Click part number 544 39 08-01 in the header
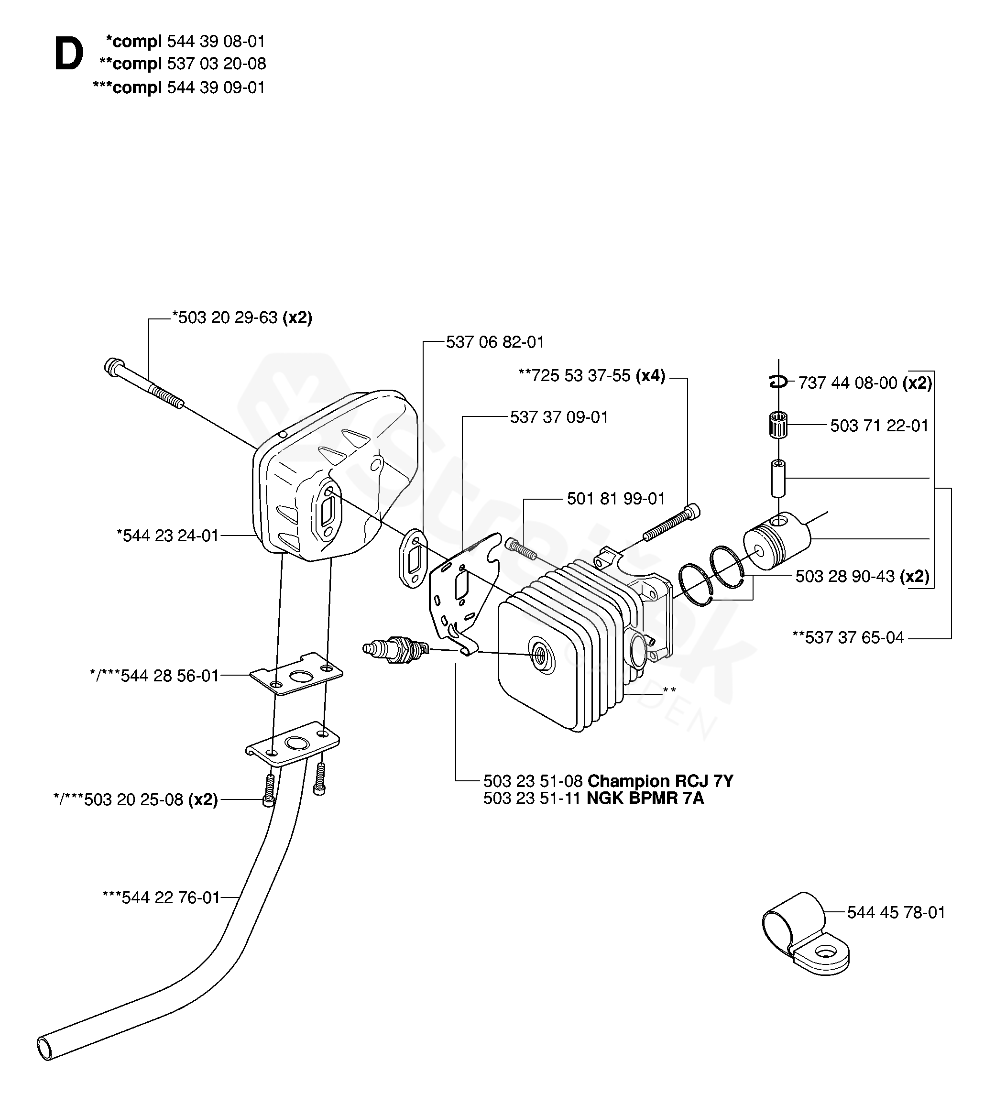(x=216, y=41)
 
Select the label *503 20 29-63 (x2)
(x=242, y=317)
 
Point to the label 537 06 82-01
(x=495, y=342)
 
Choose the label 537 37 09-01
(x=559, y=417)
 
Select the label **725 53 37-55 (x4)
(x=592, y=375)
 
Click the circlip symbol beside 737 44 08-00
(x=778, y=383)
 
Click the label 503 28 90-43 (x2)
(x=862, y=576)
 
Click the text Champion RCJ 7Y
(x=660, y=781)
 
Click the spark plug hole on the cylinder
(x=540, y=656)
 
